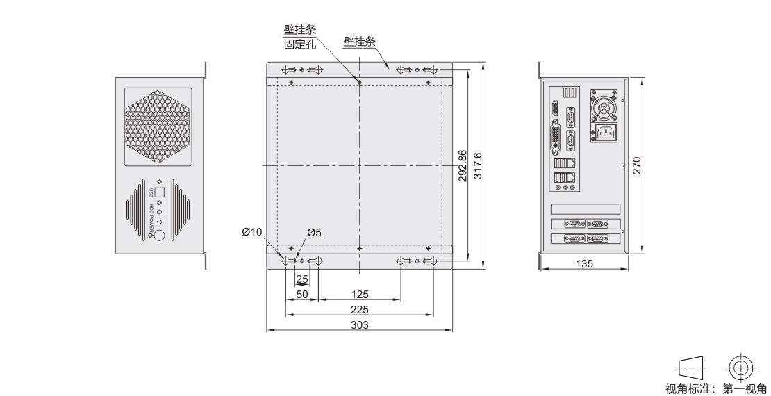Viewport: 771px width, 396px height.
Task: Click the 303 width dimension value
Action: pyautogui.click(x=359, y=324)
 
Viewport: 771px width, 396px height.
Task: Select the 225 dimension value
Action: pyautogui.click(x=359, y=309)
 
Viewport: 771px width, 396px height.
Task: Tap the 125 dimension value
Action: pyautogui.click(x=359, y=294)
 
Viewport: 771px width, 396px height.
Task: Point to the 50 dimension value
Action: pyautogui.click(x=302, y=294)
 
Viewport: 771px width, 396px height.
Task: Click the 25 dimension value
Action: pyautogui.click(x=302, y=279)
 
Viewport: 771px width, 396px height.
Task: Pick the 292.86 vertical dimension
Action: pyautogui.click(x=462, y=166)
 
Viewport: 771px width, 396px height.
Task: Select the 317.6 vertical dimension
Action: pyautogui.click(x=477, y=166)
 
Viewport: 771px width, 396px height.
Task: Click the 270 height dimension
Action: pyautogui.click(x=637, y=165)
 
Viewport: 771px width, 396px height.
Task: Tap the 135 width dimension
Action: pyautogui.click(x=584, y=264)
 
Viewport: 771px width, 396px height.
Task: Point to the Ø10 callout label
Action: pyautogui.click(x=252, y=232)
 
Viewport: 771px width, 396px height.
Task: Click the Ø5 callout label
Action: pyautogui.click(x=314, y=232)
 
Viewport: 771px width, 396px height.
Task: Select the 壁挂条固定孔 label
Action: pyautogui.click(x=299, y=38)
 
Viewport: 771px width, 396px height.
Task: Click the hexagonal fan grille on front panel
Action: pyautogui.click(x=158, y=127)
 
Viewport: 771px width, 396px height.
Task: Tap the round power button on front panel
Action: pyautogui.click(x=159, y=236)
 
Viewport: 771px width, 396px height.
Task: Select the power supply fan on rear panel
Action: pyautogui.click(x=604, y=106)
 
